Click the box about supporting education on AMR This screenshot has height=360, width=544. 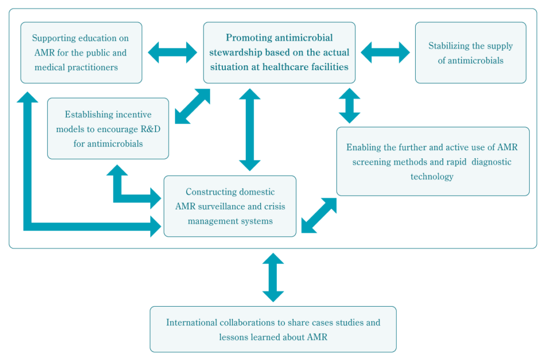point(81,53)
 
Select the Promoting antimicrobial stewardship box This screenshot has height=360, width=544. point(279,53)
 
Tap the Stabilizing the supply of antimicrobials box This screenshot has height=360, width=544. point(471,53)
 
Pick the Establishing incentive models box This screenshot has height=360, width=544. point(108,129)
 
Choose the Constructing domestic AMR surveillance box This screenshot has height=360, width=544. point(230,206)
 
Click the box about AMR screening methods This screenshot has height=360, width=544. point(433,162)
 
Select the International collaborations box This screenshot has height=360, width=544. point(273,329)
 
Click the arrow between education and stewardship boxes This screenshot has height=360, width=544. point(172,52)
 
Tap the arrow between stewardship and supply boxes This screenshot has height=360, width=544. point(385,52)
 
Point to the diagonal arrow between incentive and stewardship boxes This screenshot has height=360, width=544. point(193,106)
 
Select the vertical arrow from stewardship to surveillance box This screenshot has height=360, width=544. point(250,130)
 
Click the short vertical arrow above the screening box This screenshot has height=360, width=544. point(349,106)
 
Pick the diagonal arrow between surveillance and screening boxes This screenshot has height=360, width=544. point(319,215)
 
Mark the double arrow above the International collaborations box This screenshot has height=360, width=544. point(273,277)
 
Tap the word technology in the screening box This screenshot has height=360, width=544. point(432,177)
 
